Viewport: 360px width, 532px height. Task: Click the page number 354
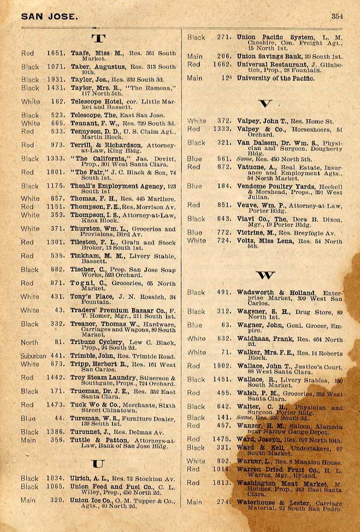(x=337, y=16)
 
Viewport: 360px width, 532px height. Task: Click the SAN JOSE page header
(x=49, y=16)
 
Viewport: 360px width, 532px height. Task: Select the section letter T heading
(x=98, y=39)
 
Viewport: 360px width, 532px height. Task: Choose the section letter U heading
(x=98, y=464)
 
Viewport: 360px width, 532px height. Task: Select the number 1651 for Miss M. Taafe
(x=56, y=53)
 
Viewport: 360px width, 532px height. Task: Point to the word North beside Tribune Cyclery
(x=29, y=342)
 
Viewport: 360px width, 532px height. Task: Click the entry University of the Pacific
(x=275, y=79)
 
